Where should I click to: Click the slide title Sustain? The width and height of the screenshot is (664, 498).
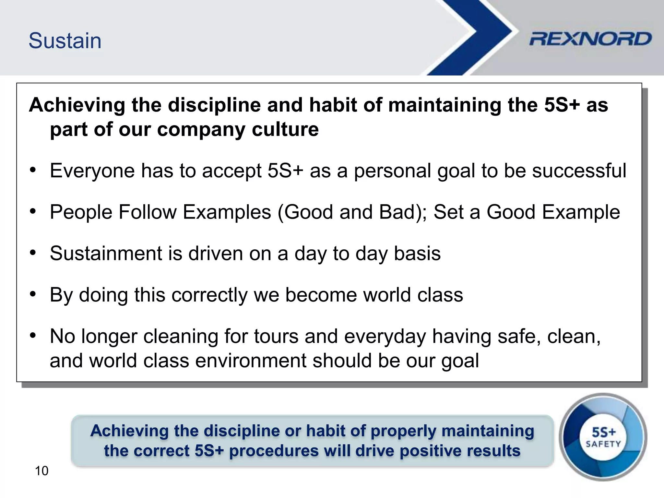(65, 41)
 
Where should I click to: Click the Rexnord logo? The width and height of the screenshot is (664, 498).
(590, 39)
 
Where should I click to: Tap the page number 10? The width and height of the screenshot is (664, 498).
(41, 471)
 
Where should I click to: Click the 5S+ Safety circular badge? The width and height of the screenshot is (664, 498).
(603, 437)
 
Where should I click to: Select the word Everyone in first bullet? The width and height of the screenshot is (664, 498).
(92, 171)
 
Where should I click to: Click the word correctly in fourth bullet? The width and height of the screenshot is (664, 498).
(209, 295)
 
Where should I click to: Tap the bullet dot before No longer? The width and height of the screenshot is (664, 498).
(33, 336)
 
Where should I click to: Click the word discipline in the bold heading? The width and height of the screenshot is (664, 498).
(214, 105)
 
